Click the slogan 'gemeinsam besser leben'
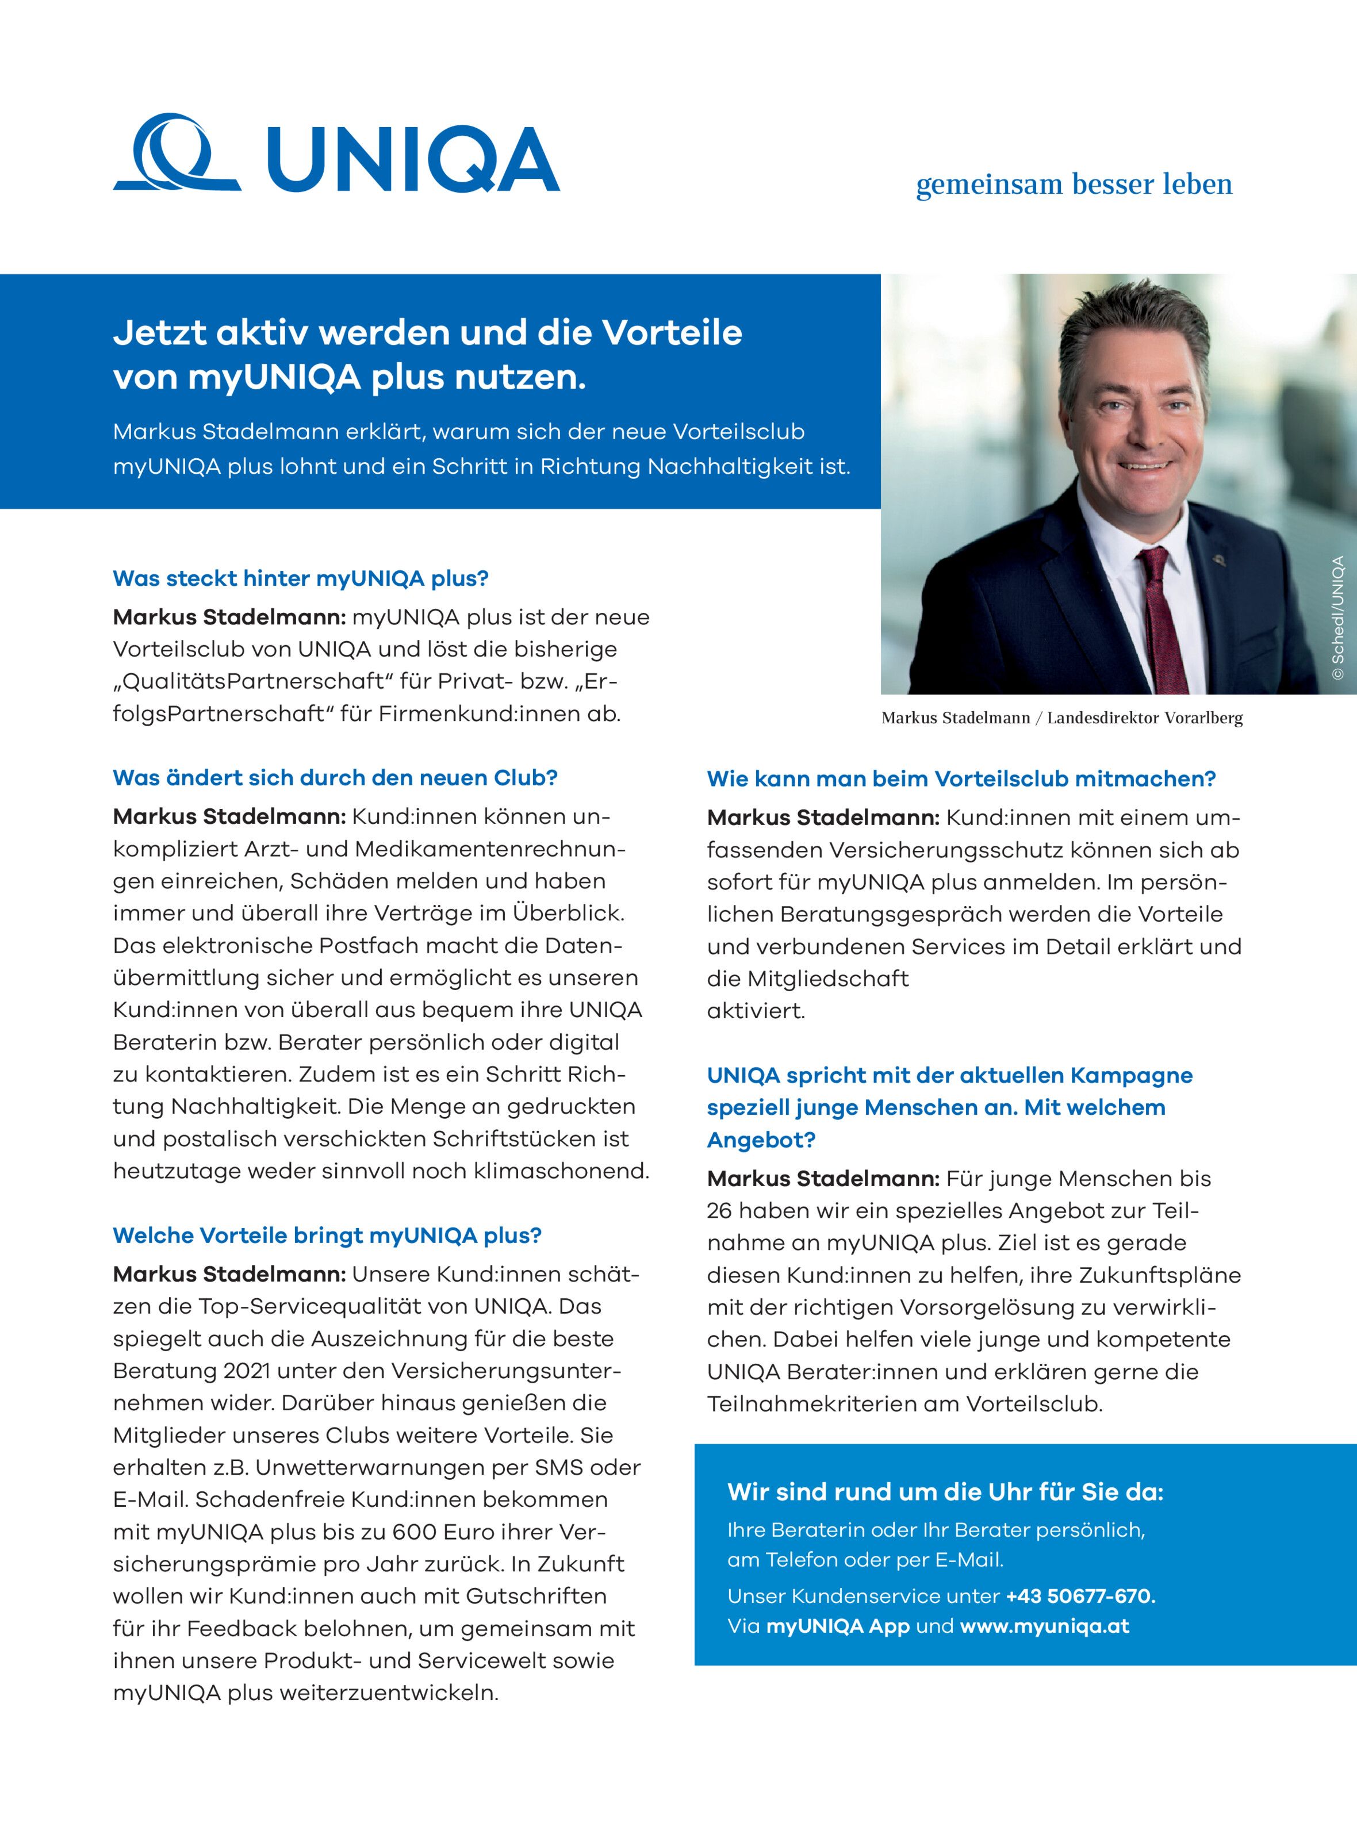pos(1074,184)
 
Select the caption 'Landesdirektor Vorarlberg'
pos(1144,718)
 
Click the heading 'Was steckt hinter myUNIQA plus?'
pos(301,578)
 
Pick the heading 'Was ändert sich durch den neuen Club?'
pos(335,778)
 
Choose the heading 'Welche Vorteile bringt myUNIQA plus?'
pos(327,1236)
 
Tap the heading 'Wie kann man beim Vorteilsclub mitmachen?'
pos(961,778)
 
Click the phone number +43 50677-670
pos(1080,1596)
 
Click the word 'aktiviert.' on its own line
pos(756,1010)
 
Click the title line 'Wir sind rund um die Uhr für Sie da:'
pos(945,1492)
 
